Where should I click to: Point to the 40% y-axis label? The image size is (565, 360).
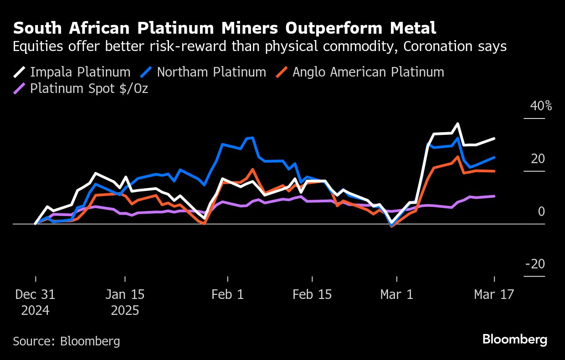(x=541, y=106)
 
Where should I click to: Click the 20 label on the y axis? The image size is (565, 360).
(x=538, y=159)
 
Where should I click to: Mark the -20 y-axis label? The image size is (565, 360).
(x=535, y=264)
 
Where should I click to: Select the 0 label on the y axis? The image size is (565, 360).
(x=541, y=212)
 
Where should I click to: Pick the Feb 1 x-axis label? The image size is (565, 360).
(x=227, y=294)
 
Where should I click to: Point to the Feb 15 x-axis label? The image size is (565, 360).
(x=312, y=294)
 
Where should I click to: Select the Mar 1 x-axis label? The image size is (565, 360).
(x=397, y=294)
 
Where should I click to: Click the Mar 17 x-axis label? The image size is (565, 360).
(x=494, y=294)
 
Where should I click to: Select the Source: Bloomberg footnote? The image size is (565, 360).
(x=67, y=341)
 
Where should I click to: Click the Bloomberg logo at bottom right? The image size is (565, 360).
(x=515, y=339)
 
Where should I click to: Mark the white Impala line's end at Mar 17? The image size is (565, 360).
(x=494, y=139)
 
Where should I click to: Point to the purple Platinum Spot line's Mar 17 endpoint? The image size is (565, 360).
(x=494, y=196)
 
